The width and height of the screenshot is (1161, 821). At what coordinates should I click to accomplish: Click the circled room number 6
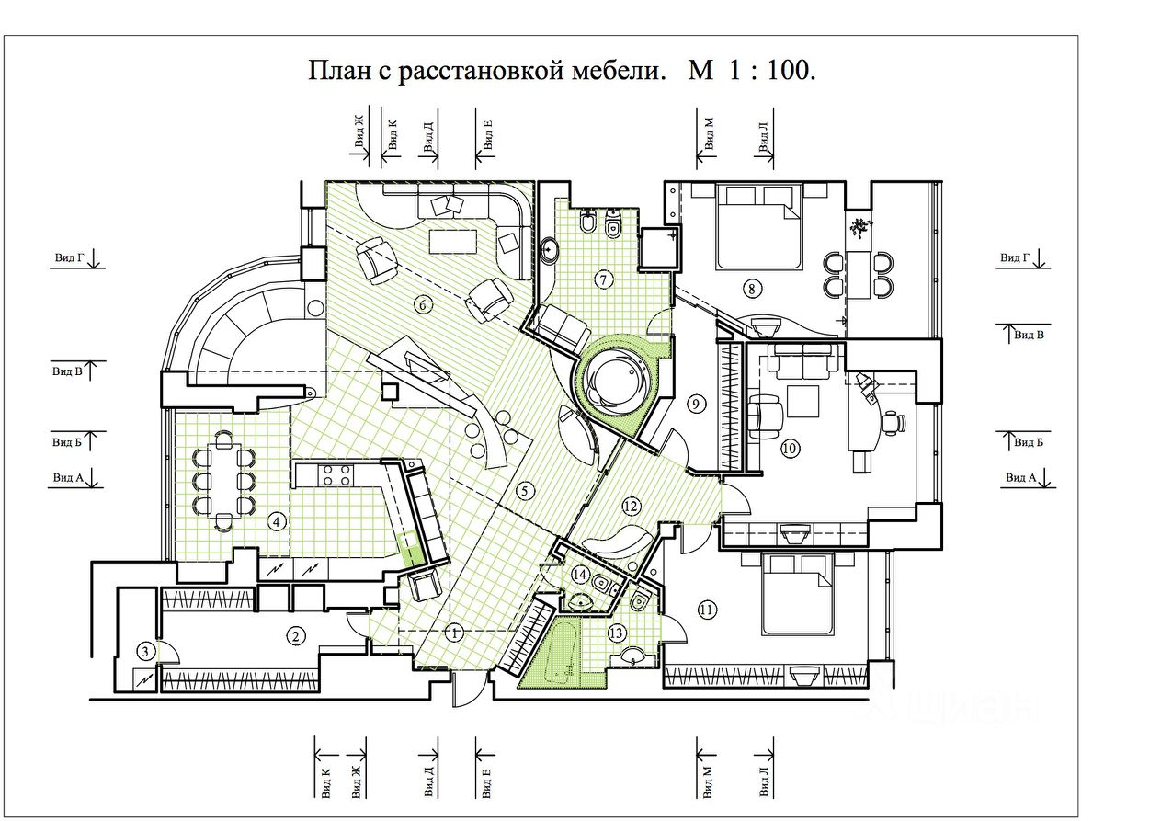tap(423, 305)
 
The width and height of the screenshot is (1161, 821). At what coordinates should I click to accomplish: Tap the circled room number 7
tap(603, 279)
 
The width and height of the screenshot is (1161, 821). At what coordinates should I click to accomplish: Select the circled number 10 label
tap(790, 448)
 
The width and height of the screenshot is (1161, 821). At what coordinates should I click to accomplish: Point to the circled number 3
tap(145, 652)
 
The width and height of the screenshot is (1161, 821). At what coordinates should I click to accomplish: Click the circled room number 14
tap(580, 575)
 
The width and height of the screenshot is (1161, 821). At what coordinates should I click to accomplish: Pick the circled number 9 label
tap(696, 404)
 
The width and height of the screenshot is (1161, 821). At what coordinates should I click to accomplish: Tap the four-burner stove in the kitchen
tap(336, 475)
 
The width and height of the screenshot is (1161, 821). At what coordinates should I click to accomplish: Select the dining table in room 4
tap(224, 480)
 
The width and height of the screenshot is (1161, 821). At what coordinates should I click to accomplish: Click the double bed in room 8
tap(757, 226)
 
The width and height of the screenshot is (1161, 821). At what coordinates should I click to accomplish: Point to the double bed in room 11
tap(798, 595)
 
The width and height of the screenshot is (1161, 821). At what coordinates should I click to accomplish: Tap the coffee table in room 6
tap(453, 241)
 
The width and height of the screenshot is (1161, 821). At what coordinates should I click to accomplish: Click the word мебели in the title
tap(619, 71)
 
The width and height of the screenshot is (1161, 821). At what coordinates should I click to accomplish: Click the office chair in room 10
tap(893, 423)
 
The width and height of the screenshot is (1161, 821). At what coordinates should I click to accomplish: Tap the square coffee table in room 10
tap(802, 401)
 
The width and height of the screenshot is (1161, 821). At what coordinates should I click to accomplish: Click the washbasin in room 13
tap(632, 656)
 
